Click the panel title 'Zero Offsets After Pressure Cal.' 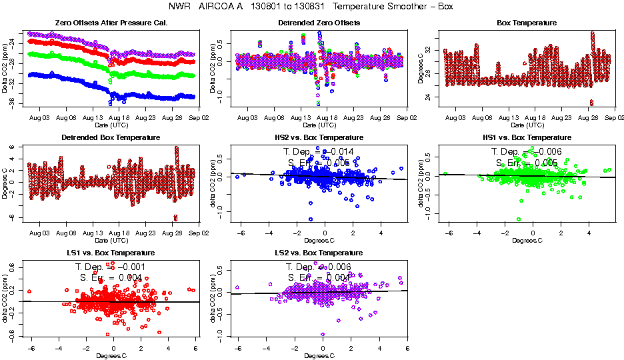coord(111,23)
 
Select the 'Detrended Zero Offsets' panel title coord(319,23)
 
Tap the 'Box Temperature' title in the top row coord(527,23)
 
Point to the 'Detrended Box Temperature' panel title coord(111,138)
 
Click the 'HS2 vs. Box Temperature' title coord(319,138)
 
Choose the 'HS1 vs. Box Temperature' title coord(527,138)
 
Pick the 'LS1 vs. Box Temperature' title coord(111,253)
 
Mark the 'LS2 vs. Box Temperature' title coord(319,253)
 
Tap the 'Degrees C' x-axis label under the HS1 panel coord(527,240)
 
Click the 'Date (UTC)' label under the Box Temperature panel coord(527,125)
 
